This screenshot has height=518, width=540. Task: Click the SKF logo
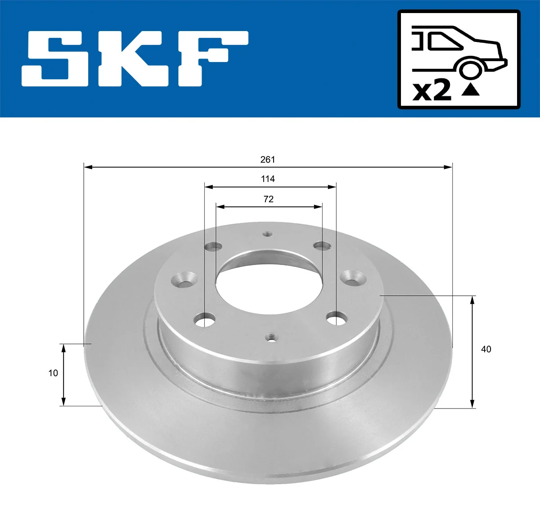(135, 59)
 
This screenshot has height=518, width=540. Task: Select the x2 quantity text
(432, 91)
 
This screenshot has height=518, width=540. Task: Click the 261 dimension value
(268, 160)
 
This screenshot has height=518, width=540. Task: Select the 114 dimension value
(268, 179)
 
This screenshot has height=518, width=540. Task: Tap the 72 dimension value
(269, 199)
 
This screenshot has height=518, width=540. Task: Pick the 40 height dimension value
(486, 349)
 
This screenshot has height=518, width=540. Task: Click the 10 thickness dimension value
(53, 373)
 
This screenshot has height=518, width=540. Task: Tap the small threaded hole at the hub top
(268, 234)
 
